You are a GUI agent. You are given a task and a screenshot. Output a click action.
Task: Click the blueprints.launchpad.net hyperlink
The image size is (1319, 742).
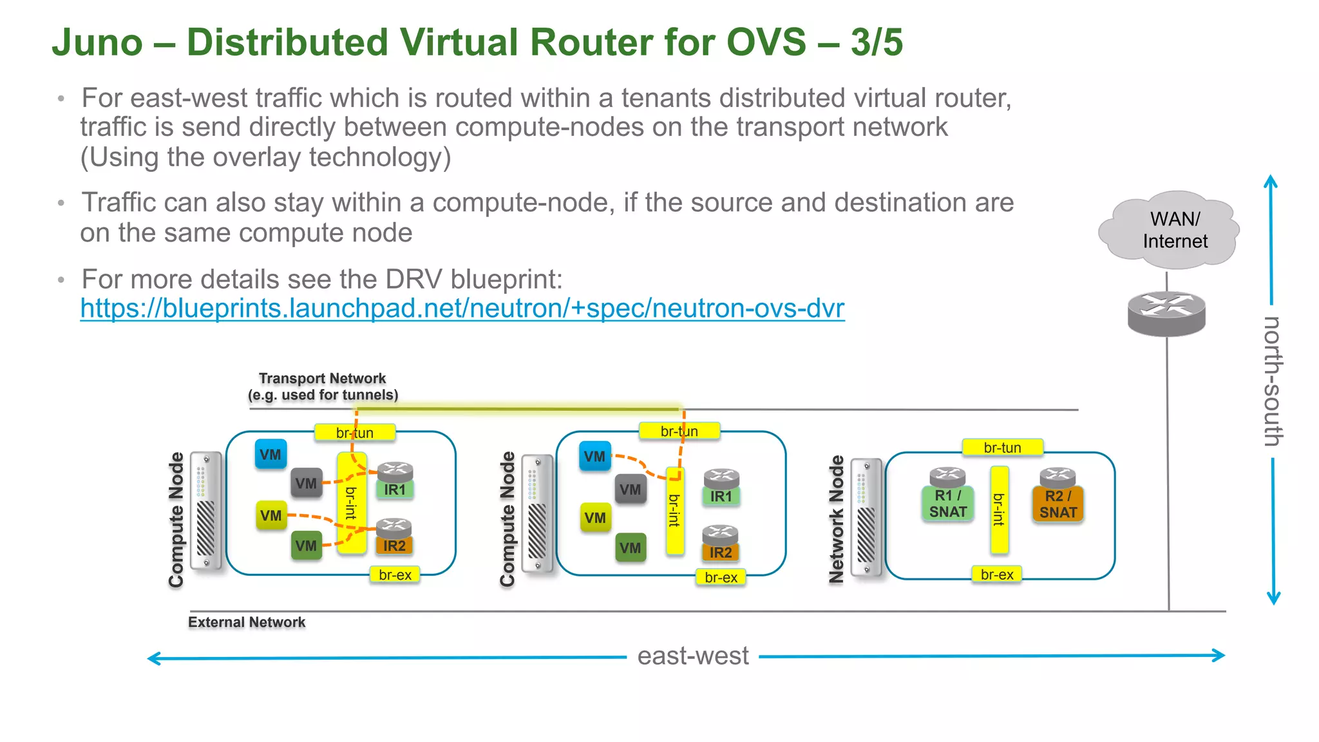pyautogui.click(x=462, y=309)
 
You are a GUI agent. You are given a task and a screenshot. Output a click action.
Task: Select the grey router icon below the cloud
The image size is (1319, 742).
pyautogui.click(x=1166, y=314)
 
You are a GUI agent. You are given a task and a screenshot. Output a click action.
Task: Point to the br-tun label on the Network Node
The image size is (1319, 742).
pyautogui.click(x=1002, y=448)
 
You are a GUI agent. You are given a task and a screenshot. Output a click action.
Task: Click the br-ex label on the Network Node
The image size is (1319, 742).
pyautogui.click(x=996, y=575)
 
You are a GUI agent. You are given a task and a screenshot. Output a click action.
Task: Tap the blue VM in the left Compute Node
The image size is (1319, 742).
pyautogui.click(x=270, y=455)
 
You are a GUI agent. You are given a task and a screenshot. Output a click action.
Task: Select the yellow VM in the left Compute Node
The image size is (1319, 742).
pyautogui.click(x=271, y=515)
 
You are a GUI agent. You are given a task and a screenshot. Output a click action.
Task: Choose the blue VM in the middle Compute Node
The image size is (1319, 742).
pyautogui.click(x=594, y=457)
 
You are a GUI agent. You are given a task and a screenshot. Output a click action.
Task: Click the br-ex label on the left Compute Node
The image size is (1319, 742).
pyautogui.click(x=395, y=575)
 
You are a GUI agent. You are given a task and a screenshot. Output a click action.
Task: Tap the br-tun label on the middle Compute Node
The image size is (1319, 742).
pyautogui.click(x=679, y=432)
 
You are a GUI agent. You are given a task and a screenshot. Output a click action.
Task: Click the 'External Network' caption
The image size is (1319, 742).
pyautogui.click(x=247, y=622)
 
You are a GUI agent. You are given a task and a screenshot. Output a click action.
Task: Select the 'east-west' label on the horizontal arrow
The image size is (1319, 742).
pyautogui.click(x=692, y=656)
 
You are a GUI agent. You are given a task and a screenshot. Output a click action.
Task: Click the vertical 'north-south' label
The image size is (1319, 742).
pyautogui.click(x=1273, y=381)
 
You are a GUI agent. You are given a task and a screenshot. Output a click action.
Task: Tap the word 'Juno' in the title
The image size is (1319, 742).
pyautogui.click(x=97, y=43)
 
